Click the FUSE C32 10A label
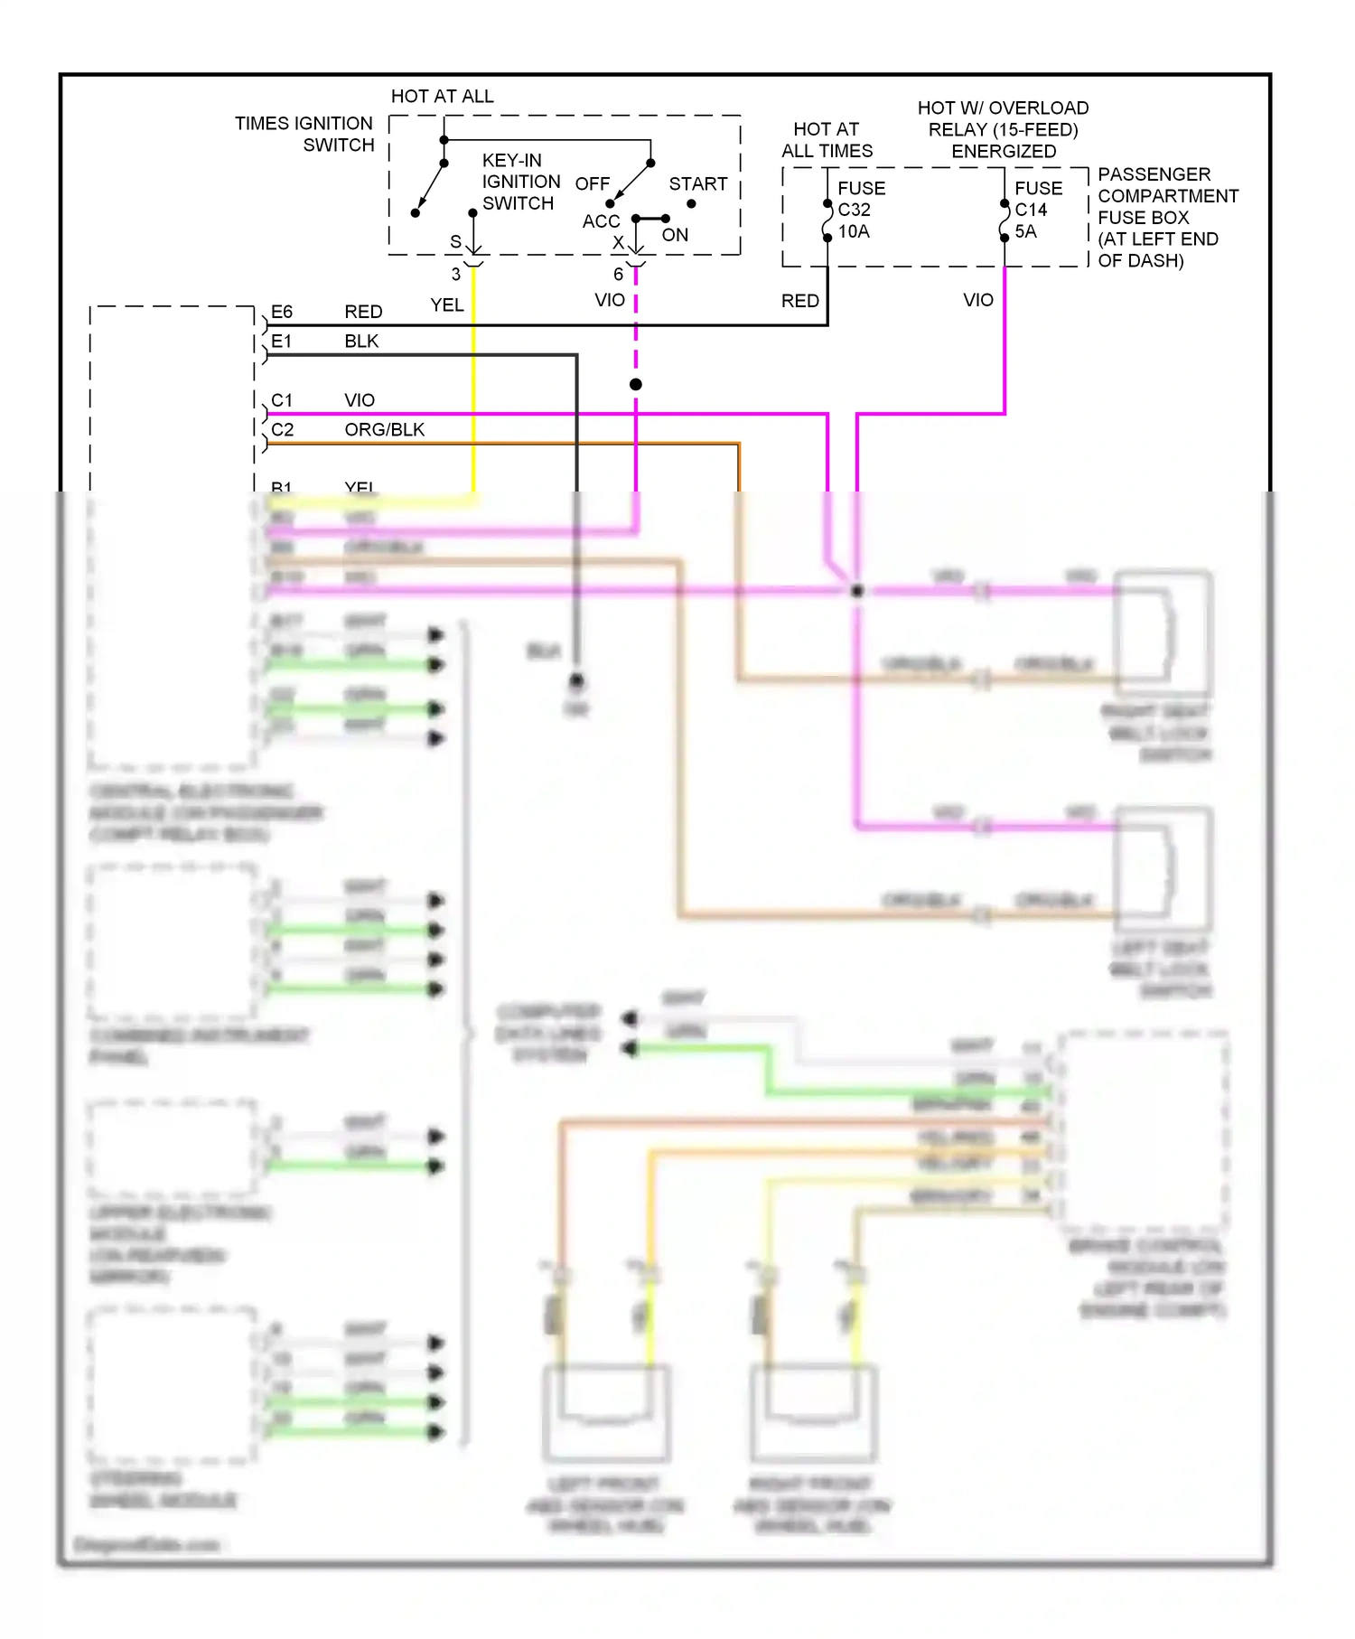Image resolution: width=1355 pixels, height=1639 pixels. point(860,210)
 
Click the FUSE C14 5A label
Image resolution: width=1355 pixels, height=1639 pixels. point(1037,210)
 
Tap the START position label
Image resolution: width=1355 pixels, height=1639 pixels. point(697,183)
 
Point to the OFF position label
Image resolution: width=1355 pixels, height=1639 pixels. point(592,183)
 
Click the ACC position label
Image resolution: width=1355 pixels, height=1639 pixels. point(601,221)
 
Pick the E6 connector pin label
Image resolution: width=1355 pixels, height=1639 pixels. point(282,312)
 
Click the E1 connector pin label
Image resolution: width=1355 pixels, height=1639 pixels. point(282,342)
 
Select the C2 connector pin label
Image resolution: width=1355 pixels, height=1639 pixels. point(282,429)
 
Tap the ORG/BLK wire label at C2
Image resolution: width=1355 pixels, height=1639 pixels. point(384,429)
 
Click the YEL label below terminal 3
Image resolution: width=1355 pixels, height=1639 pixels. point(446,304)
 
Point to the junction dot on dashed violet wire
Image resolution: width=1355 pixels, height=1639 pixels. point(636,384)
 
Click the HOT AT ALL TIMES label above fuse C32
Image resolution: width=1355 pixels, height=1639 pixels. point(827,140)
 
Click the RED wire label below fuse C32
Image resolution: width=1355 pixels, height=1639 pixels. point(799,300)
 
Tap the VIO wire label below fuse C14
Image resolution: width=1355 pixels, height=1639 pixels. point(977,300)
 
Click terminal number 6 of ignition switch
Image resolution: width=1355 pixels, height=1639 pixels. point(618,274)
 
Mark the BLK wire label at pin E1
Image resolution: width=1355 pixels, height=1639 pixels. point(361,342)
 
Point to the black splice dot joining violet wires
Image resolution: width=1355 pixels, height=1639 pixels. point(856,590)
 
